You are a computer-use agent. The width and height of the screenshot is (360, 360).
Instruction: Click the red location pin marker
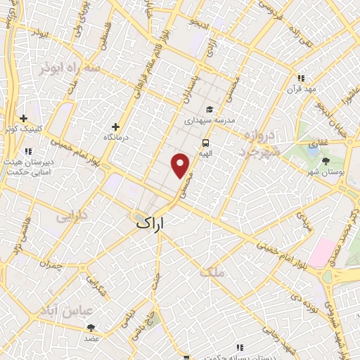[181, 165]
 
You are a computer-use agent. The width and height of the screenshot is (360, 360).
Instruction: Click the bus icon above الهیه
[205, 141]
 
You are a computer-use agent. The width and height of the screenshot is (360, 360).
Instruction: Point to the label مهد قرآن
[300, 89]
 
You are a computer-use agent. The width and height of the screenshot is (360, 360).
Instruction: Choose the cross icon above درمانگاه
[115, 127]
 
